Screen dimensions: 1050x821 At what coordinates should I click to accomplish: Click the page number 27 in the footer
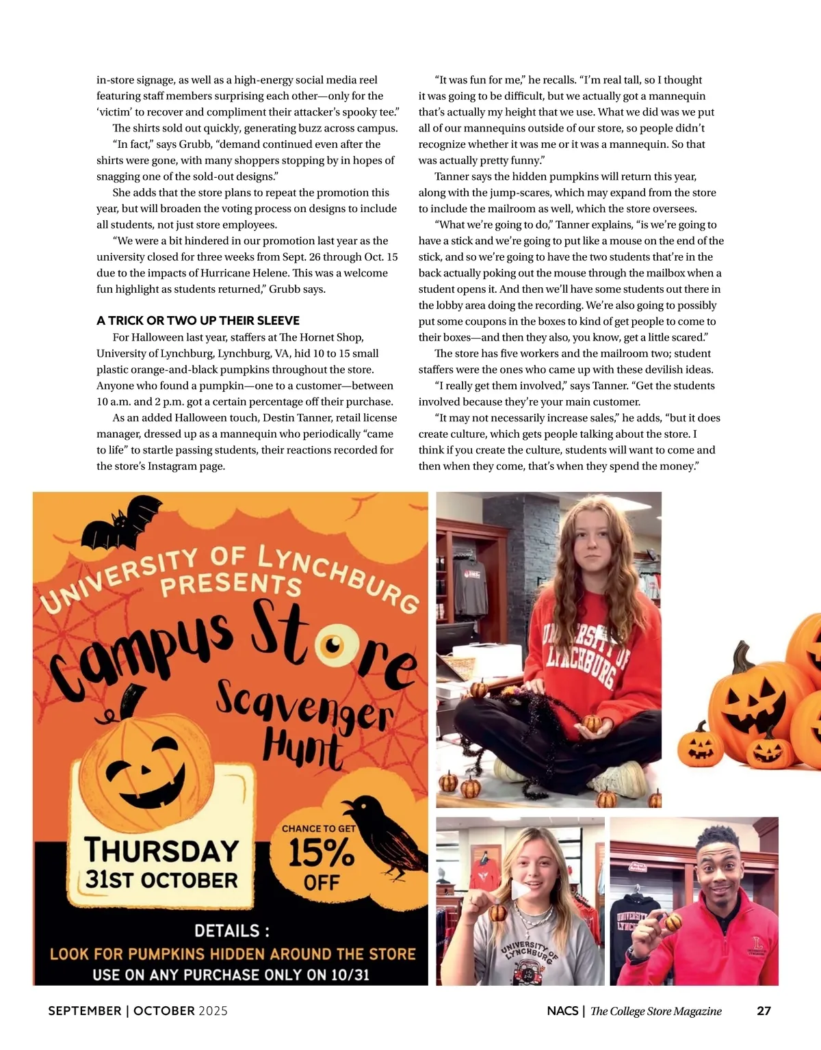(x=764, y=1010)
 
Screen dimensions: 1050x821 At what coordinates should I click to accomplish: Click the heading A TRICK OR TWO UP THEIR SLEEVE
(x=198, y=320)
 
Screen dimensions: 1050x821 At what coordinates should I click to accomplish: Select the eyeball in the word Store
(x=333, y=645)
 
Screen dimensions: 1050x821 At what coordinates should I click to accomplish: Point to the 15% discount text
(x=321, y=853)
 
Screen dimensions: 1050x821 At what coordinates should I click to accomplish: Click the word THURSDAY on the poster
(x=161, y=850)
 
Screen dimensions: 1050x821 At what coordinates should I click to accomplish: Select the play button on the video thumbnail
(x=521, y=890)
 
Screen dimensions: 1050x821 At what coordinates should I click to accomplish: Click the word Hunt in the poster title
(x=302, y=748)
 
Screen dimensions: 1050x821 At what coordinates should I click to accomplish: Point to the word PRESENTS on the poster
(x=231, y=584)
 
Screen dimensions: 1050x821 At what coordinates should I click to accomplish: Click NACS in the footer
(x=562, y=1010)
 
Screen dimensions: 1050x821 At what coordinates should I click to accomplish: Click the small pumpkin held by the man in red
(x=673, y=921)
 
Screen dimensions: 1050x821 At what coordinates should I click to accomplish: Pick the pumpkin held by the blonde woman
(x=498, y=913)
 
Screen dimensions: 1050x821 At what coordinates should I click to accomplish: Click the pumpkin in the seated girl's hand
(x=592, y=722)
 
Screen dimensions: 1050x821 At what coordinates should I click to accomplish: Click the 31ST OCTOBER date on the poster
(x=161, y=880)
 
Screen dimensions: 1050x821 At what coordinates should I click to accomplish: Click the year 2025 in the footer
(x=213, y=1010)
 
